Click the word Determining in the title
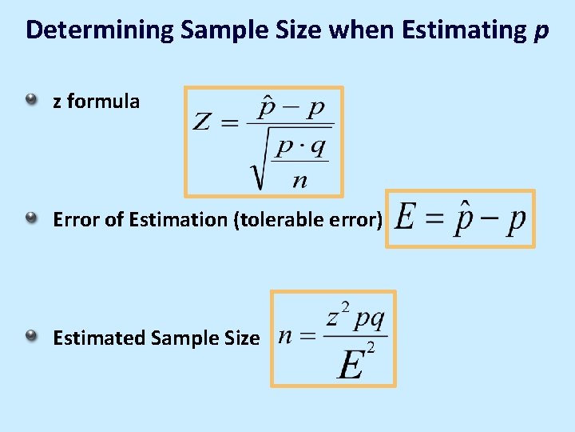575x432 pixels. click(99, 30)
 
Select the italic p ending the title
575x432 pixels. click(541, 32)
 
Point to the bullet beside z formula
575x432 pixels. click(30, 101)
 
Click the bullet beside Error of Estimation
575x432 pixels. click(30, 218)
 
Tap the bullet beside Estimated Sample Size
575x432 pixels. click(30, 337)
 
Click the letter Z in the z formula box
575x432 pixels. click(203, 122)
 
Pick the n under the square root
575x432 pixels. click(299, 179)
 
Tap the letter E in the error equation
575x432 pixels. click(406, 218)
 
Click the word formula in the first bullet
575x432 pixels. click(104, 102)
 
